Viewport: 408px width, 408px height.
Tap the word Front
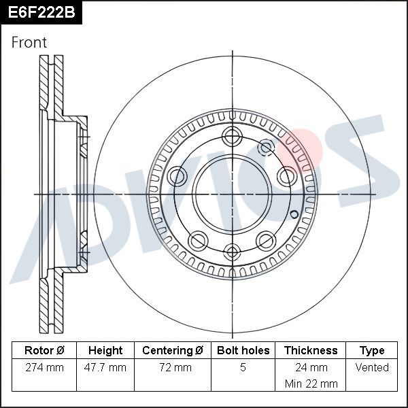coord(29,42)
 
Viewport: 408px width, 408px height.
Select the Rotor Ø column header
coord(44,350)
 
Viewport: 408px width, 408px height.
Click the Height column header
coord(105,350)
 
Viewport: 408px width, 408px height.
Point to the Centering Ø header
coord(173,350)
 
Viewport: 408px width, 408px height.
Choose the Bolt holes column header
coord(243,350)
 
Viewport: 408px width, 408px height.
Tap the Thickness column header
coord(310,350)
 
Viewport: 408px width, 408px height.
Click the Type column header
coord(372,350)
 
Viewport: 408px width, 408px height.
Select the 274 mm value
coord(44,367)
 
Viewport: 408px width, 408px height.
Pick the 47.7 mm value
coord(105,367)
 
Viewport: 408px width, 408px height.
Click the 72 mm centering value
coord(173,367)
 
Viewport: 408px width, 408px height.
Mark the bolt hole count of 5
coord(243,367)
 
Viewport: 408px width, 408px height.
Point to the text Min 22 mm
coord(310,384)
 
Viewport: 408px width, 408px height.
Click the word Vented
coord(372,367)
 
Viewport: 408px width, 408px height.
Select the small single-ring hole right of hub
coord(294,216)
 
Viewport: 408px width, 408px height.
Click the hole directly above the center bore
coord(232,135)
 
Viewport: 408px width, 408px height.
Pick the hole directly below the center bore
coord(232,252)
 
